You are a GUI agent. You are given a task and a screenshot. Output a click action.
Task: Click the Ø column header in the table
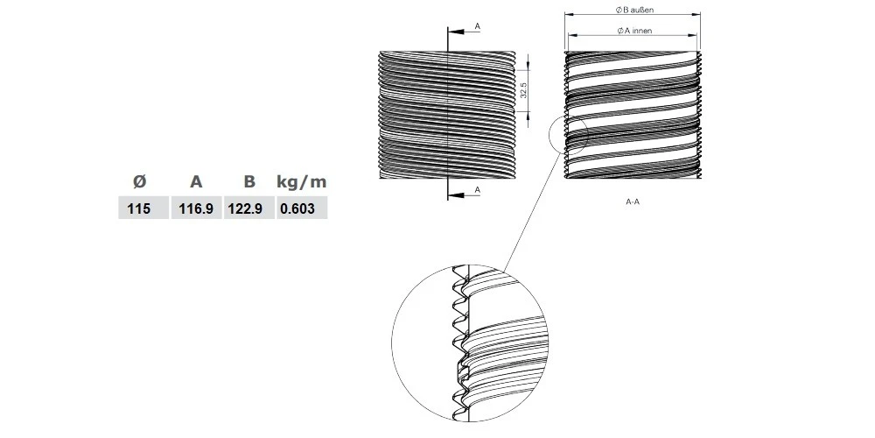tap(139, 182)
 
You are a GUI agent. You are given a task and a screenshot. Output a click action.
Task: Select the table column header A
tap(196, 182)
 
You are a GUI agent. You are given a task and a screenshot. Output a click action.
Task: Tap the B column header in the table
tap(249, 182)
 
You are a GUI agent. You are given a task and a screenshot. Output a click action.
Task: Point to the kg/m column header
tap(301, 182)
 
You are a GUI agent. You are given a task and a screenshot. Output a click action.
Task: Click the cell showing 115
tap(140, 208)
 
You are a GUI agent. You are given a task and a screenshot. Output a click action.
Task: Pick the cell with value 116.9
tap(197, 208)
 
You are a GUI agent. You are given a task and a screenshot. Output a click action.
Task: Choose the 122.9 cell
tap(249, 208)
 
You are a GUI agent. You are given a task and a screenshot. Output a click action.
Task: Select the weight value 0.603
tap(301, 208)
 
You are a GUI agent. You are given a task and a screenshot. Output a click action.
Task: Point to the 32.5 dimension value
tap(522, 89)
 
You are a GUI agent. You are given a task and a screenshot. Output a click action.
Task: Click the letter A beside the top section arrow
tap(477, 27)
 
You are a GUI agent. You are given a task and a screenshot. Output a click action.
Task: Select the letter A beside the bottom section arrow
tap(477, 189)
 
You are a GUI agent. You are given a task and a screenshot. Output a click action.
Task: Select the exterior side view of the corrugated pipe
tap(411, 114)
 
